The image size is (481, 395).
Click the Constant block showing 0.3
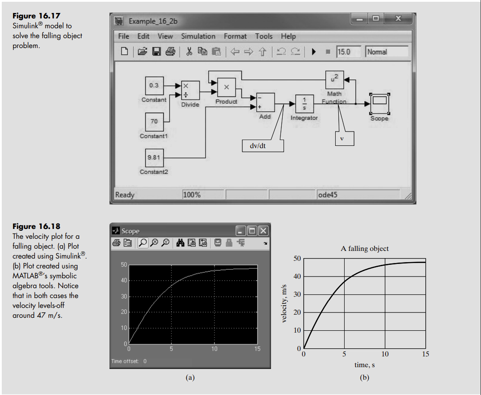(x=154, y=85)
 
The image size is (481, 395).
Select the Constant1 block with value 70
(x=154, y=122)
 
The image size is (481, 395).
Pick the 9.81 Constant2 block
(x=154, y=158)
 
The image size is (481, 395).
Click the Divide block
(x=190, y=90)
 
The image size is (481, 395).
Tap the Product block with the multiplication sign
(x=227, y=87)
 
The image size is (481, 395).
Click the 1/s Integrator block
(x=304, y=104)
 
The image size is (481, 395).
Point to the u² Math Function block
(x=334, y=79)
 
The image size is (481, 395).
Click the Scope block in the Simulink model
(x=379, y=104)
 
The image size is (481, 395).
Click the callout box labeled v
(x=342, y=139)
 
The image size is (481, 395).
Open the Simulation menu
(x=198, y=36)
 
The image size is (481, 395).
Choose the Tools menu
(x=264, y=36)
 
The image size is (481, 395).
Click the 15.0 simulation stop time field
(x=349, y=52)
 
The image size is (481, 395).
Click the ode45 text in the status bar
(x=328, y=195)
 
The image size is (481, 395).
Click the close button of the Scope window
(x=263, y=231)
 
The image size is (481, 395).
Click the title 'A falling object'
(x=365, y=249)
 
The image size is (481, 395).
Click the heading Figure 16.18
(x=36, y=226)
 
